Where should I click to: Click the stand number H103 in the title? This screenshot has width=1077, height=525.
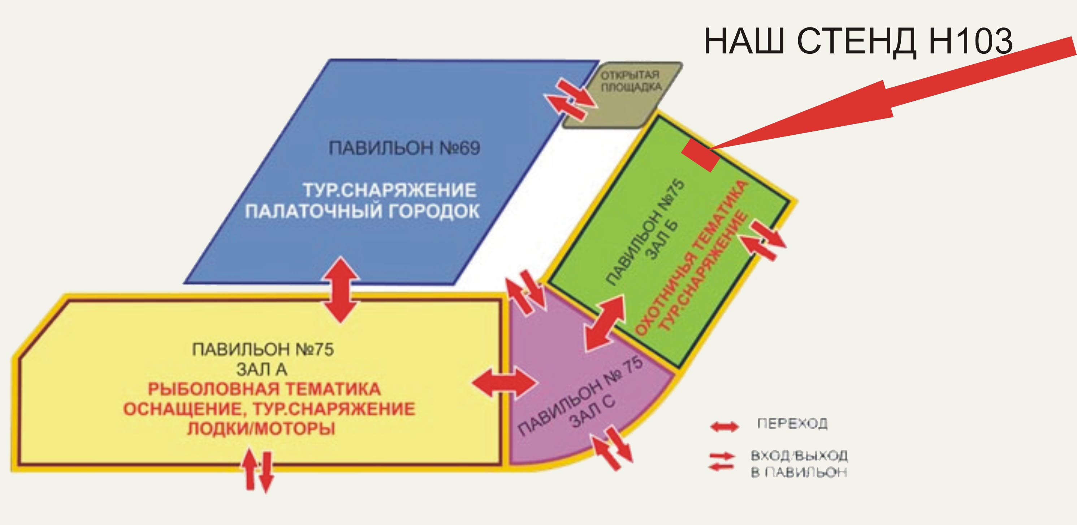[x=970, y=41]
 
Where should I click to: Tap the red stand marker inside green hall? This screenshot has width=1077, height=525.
[x=700, y=155]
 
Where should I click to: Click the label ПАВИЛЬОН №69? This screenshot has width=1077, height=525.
[x=404, y=148]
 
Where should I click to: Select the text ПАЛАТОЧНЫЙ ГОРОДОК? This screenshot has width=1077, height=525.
[x=362, y=211]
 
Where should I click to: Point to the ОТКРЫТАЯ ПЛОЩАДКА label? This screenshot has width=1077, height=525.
[x=631, y=81]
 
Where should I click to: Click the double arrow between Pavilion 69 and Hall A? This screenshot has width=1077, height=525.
[x=342, y=290]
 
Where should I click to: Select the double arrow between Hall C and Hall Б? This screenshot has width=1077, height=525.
[x=604, y=322]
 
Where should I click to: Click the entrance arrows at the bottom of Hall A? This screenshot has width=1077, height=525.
[x=258, y=470]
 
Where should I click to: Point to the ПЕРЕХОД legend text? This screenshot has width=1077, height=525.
[x=792, y=424]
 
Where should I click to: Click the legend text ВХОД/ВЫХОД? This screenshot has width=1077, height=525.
[x=799, y=455]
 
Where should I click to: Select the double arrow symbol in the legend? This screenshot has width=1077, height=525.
[x=725, y=427]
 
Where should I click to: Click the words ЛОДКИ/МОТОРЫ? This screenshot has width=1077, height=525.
[x=261, y=429]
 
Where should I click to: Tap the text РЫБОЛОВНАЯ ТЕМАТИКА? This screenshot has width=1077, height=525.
[x=264, y=389]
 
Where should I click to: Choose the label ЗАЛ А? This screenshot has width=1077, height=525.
[x=262, y=369]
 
